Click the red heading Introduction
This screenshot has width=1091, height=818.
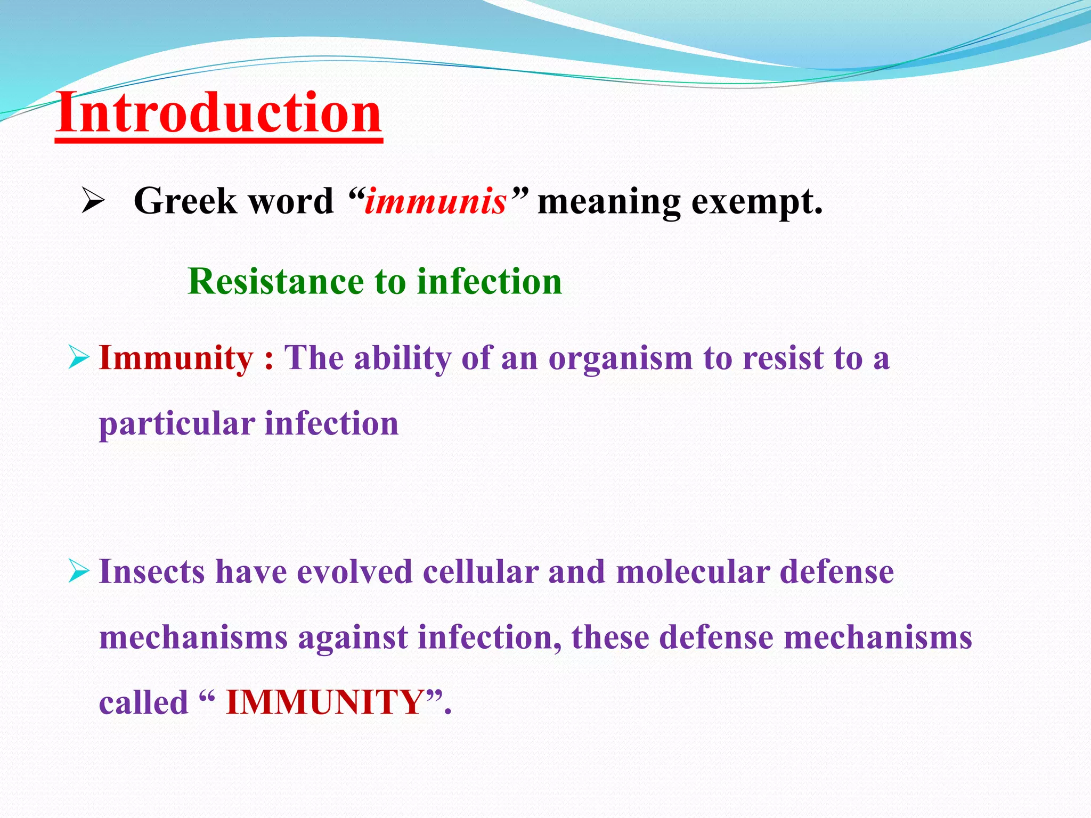coord(218,113)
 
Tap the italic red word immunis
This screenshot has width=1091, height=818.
coord(435,202)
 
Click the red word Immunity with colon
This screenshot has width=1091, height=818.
coord(186,358)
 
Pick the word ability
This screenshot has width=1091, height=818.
coord(403,358)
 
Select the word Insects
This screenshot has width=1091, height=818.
coord(152,572)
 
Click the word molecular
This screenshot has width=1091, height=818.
coord(693,572)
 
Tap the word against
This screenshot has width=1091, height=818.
coord(353,637)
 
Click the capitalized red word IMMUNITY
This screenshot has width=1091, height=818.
coord(325,702)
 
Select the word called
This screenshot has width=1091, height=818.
coord(144,702)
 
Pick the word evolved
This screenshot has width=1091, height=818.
coord(354,572)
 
